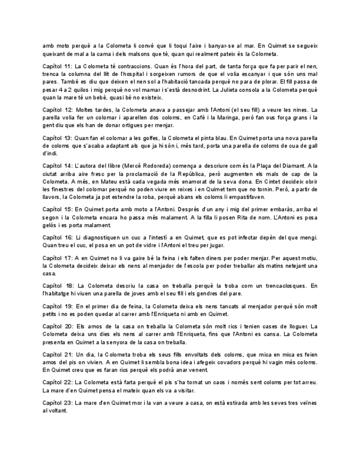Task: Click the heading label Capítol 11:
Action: [57, 66]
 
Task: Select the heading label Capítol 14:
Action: [57, 166]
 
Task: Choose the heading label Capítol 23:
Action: [57, 403]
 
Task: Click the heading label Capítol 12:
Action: [57, 110]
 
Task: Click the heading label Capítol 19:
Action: [57, 306]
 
